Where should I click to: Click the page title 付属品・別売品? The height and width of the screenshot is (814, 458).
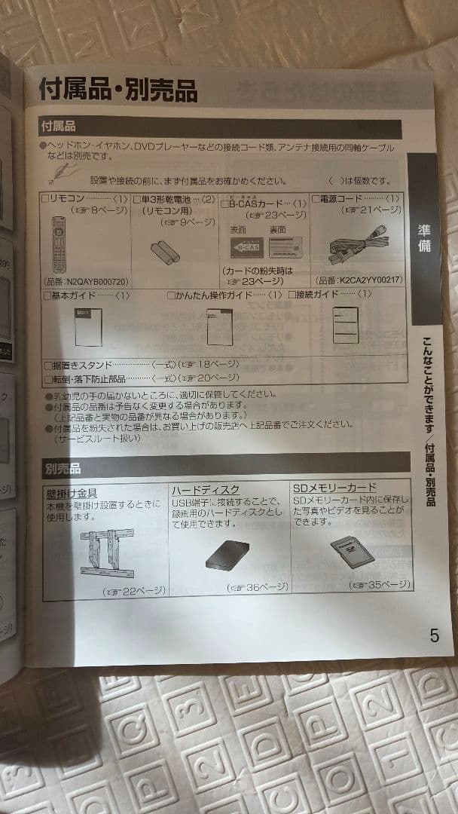pyautogui.click(x=118, y=90)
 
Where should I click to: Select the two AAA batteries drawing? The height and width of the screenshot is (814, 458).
pyautogui.click(x=165, y=251)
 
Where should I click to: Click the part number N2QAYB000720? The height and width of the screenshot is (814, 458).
pyautogui.click(x=87, y=281)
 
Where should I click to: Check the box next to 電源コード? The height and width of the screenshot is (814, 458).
pyautogui.click(x=316, y=199)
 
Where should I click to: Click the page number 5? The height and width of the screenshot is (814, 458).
pyautogui.click(x=434, y=635)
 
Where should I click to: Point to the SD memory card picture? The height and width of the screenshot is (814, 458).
pyautogui.click(x=352, y=550)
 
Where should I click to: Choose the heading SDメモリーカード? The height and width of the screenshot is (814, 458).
pyautogui.click(x=334, y=488)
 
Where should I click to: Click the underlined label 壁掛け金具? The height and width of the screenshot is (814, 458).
pyautogui.click(x=72, y=494)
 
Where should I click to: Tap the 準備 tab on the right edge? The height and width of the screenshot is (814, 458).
pyautogui.click(x=425, y=237)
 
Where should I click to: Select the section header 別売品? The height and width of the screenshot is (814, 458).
pyautogui.click(x=62, y=469)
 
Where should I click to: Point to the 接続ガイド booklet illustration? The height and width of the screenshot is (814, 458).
pyautogui.click(x=345, y=325)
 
